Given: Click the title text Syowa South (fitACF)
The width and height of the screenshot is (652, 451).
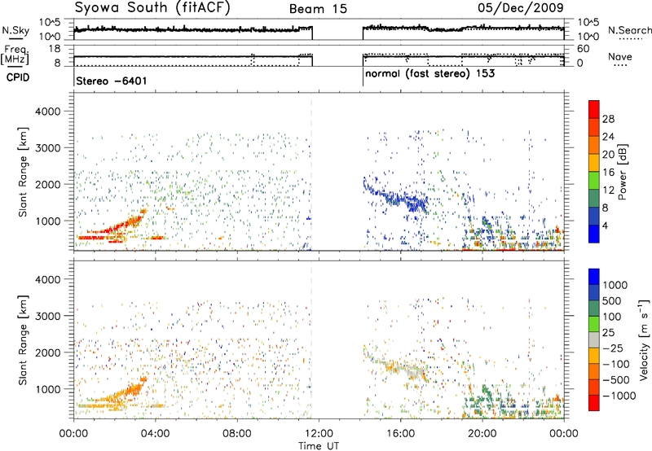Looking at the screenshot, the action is click(x=152, y=7).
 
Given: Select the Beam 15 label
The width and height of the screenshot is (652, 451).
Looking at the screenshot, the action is click(x=318, y=9).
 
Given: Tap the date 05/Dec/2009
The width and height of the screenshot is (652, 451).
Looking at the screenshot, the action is click(x=521, y=7).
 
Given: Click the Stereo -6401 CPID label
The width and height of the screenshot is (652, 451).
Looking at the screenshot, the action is click(x=112, y=81).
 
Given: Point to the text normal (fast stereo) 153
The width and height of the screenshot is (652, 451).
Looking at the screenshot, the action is click(x=430, y=73).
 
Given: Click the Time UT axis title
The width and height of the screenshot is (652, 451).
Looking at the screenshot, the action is click(x=319, y=445).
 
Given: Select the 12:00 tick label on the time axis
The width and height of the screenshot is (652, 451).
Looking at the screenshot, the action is click(x=319, y=434).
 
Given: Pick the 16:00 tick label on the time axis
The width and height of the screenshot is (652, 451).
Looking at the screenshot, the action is click(x=400, y=434).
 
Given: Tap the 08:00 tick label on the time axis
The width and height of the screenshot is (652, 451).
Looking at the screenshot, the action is click(x=237, y=434).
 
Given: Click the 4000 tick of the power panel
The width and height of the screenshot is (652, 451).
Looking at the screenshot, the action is click(x=49, y=112).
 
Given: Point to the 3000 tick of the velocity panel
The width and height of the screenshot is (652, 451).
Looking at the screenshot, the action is click(x=49, y=316).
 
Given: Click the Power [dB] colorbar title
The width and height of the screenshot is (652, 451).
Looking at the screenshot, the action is click(x=622, y=172).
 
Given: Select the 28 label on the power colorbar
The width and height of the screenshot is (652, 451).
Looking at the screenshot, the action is click(x=608, y=119).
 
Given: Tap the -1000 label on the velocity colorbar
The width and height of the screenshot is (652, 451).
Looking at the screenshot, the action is click(x=619, y=396).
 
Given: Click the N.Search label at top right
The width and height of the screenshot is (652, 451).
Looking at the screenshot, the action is click(x=629, y=30).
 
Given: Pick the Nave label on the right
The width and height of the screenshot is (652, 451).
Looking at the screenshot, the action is click(x=620, y=56).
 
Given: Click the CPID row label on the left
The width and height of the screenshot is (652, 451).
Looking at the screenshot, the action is click(x=18, y=77).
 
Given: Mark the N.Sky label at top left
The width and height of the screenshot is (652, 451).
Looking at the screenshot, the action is click(x=15, y=30).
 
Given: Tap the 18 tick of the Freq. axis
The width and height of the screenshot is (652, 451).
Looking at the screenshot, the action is click(x=55, y=49).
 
